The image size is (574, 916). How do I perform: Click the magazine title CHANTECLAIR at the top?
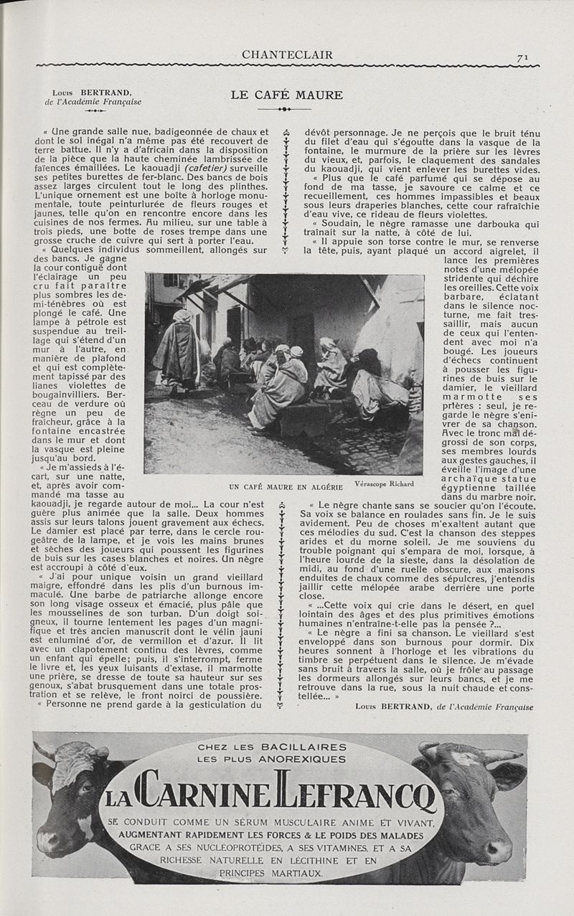tap(287, 55)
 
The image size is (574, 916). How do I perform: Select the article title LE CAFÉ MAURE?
tap(286, 95)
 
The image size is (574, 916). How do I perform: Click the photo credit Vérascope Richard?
tap(378, 483)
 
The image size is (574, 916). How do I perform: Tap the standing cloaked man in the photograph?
tap(177, 351)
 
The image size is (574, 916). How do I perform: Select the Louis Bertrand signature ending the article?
tap(444, 706)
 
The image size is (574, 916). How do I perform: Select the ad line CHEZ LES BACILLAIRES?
tap(272, 747)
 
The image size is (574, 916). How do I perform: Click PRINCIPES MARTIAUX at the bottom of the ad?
tap(270, 873)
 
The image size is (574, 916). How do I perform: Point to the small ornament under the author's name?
tap(95, 111)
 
